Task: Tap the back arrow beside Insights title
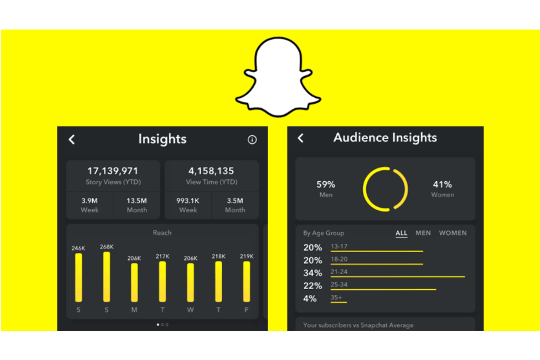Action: pyautogui.click(x=72, y=139)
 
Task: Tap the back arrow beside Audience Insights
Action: pyautogui.click(x=301, y=138)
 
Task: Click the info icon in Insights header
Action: pyautogui.click(x=252, y=140)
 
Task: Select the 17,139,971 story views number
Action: pyautogui.click(x=113, y=171)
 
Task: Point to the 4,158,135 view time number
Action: pyautogui.click(x=211, y=171)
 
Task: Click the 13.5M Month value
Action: pyautogui.click(x=136, y=201)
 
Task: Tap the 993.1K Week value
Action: pyautogui.click(x=188, y=201)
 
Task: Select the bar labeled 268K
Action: pyautogui.click(x=107, y=277)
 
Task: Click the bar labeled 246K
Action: pyautogui.click(x=78, y=278)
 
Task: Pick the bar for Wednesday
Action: pyautogui.click(x=190, y=282)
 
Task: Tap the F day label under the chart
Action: pyautogui.click(x=246, y=310)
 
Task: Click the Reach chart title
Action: pyautogui.click(x=162, y=233)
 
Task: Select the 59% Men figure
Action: pyautogui.click(x=325, y=185)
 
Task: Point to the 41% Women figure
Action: pyautogui.click(x=442, y=185)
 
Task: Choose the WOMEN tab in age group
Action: pyautogui.click(x=452, y=233)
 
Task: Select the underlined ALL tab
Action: pyautogui.click(x=401, y=233)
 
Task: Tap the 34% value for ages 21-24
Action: pyautogui.click(x=313, y=273)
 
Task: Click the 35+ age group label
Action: pyautogui.click(x=336, y=297)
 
